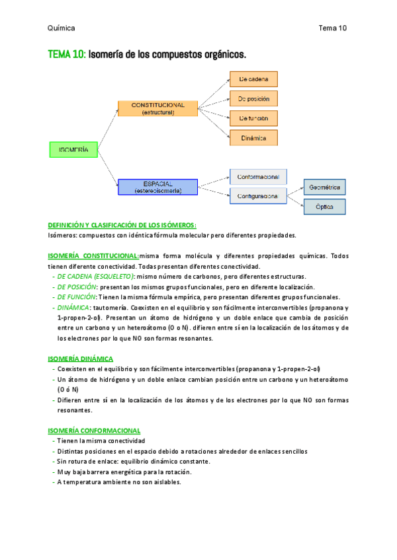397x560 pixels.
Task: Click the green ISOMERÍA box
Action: tap(73, 150)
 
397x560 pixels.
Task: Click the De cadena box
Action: tap(253, 79)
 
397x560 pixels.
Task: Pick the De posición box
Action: tap(253, 99)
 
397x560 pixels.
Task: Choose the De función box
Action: tap(253, 118)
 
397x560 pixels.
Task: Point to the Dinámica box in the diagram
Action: tap(253, 138)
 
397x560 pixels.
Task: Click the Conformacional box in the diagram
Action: tap(258, 176)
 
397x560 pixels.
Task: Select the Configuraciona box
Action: tap(258, 196)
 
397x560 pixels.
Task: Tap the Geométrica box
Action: tap(324, 188)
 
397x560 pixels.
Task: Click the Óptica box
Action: tap(324, 207)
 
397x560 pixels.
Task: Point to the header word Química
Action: tap(62, 28)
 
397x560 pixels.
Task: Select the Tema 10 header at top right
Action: tap(332, 28)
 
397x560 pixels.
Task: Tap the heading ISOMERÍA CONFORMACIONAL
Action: tap(94, 431)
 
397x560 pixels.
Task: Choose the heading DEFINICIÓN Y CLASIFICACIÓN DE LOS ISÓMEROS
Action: tap(122, 225)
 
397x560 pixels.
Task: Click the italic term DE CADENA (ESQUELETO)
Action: tap(96, 277)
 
